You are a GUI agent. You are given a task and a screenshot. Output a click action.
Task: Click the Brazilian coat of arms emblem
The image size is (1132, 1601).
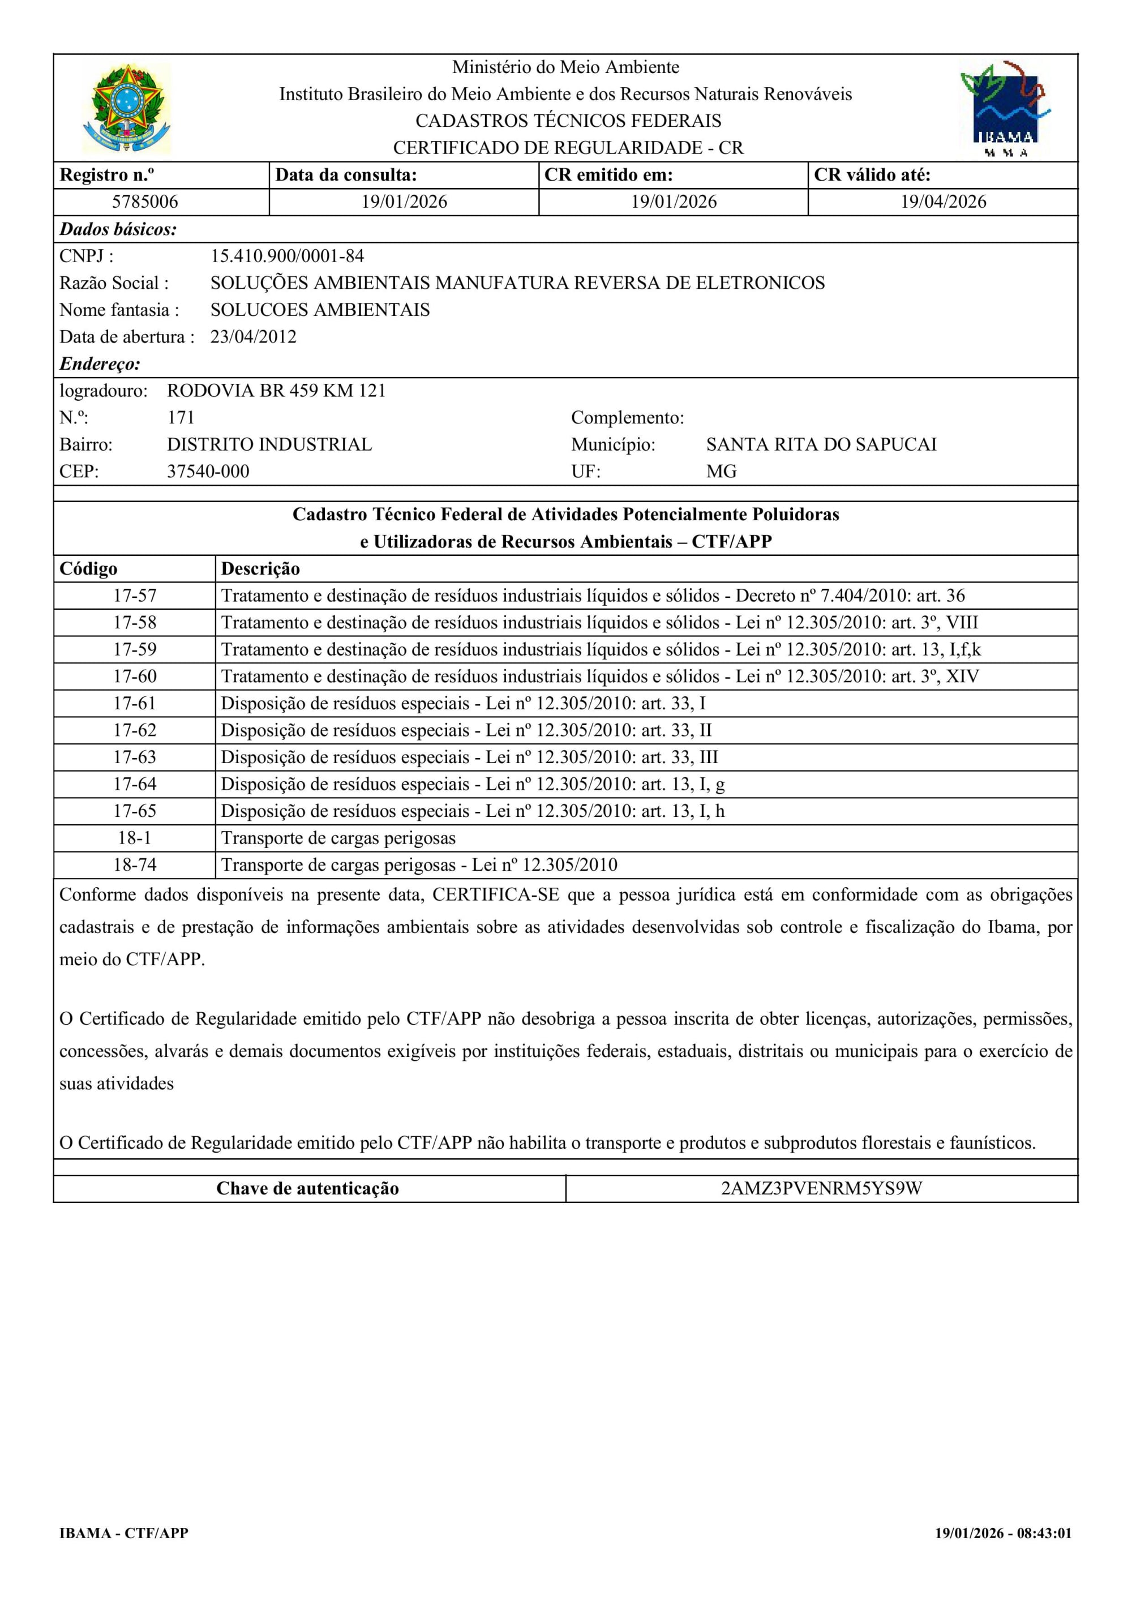point(126,109)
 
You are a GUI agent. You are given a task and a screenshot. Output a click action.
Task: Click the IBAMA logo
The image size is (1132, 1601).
point(1005,109)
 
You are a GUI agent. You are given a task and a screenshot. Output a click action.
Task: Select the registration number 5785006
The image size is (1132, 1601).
point(145,202)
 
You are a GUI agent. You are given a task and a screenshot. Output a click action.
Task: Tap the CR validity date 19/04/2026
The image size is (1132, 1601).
point(943,202)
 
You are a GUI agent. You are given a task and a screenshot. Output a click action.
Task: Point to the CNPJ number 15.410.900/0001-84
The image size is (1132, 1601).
point(287,256)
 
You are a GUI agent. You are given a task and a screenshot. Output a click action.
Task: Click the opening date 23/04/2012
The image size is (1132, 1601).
point(253,337)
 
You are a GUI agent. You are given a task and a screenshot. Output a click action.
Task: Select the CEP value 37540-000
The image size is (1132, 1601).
point(208,472)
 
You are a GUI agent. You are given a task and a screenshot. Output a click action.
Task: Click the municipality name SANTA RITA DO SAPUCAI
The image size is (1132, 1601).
point(821,444)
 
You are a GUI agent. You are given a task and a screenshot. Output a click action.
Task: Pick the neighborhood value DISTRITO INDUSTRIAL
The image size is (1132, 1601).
point(269,444)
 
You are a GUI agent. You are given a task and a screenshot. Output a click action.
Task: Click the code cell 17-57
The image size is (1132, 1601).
point(135,596)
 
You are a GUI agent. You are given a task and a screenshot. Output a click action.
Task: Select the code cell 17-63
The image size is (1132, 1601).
point(135,757)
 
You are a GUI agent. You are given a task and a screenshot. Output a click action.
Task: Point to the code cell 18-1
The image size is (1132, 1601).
point(135,838)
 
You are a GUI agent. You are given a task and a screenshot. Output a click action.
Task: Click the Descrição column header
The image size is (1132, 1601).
point(260,569)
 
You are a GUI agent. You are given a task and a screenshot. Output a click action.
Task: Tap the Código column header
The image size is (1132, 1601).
point(88,569)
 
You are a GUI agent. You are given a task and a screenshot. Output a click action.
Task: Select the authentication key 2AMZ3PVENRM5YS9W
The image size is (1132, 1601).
point(821,1189)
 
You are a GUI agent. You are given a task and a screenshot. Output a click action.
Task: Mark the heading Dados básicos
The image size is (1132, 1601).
point(118,229)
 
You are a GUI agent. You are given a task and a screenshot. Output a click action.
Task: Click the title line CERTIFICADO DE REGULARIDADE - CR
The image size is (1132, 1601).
point(568,148)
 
